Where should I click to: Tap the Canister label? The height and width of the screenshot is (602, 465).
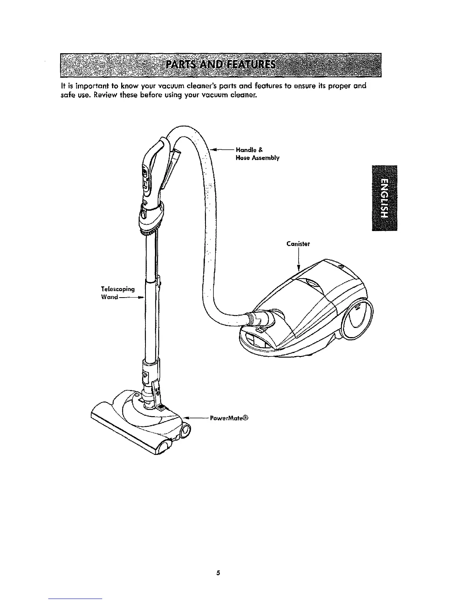pyautogui.click(x=298, y=244)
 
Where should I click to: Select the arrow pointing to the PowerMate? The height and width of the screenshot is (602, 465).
pyautogui.click(x=196, y=418)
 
